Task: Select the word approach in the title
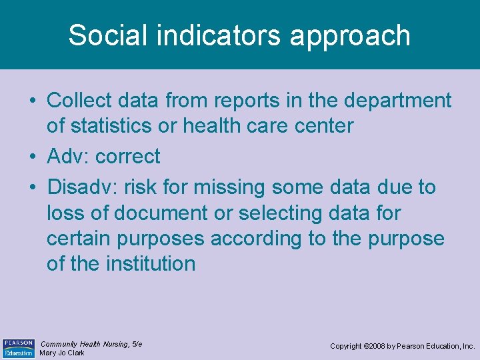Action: [350, 35]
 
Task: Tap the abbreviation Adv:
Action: [68, 157]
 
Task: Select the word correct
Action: [128, 157]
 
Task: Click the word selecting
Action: [275, 213]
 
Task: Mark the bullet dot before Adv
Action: [32, 157]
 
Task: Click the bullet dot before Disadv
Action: [32, 188]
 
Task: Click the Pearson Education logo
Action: [18, 347]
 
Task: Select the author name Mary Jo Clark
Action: [62, 353]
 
